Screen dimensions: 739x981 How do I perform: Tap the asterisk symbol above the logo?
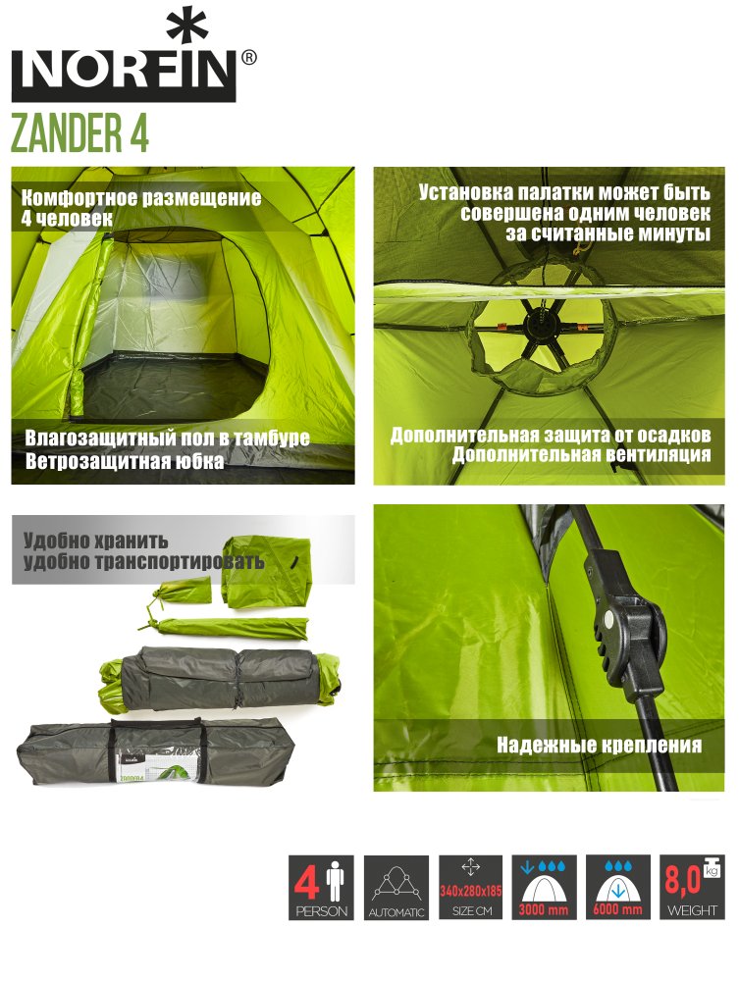pyautogui.click(x=186, y=28)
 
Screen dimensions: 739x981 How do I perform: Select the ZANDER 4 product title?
pyautogui.click(x=80, y=132)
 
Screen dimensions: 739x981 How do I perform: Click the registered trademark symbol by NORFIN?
pyautogui.click(x=248, y=58)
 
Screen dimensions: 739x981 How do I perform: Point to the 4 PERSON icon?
pyautogui.click(x=322, y=887)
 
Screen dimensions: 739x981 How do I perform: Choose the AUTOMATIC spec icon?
pyautogui.click(x=396, y=887)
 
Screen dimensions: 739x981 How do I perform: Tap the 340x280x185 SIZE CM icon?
pyautogui.click(x=470, y=887)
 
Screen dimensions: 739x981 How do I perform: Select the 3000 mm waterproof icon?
pyautogui.click(x=544, y=887)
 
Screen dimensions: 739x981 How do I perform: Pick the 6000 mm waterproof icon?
pyautogui.click(x=617, y=887)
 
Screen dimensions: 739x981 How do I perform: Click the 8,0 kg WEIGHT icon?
pyautogui.click(x=692, y=887)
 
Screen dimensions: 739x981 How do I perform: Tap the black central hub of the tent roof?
pyautogui.click(x=538, y=326)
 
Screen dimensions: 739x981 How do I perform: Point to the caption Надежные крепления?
pyautogui.click(x=599, y=746)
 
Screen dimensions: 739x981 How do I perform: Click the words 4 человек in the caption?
pyautogui.click(x=67, y=219)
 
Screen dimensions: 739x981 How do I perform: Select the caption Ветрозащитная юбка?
pyautogui.click(x=125, y=461)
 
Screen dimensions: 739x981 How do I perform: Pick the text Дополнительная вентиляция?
pyautogui.click(x=581, y=454)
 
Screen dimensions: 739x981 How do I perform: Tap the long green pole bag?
pyautogui.click(x=226, y=628)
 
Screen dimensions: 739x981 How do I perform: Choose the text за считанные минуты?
pyautogui.click(x=607, y=233)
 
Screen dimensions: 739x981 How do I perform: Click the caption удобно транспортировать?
pyautogui.click(x=143, y=561)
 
